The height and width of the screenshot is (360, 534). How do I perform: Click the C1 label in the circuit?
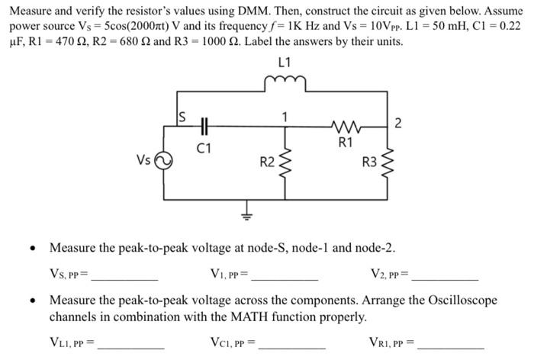[204, 146]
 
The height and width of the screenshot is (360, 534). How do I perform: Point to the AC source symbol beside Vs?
[162, 162]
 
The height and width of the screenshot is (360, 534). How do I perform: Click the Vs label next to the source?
[144, 160]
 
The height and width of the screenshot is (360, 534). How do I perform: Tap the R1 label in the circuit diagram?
[345, 142]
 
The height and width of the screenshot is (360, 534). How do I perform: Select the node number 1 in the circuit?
[285, 117]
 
